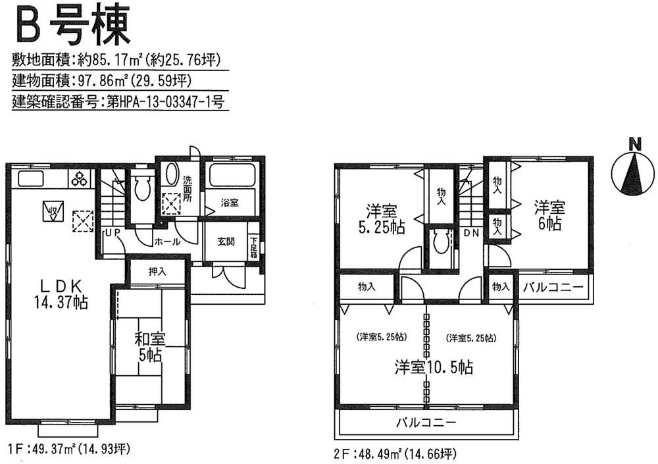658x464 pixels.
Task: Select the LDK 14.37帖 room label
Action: click(x=61, y=294)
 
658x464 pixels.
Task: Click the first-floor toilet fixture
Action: click(x=141, y=189)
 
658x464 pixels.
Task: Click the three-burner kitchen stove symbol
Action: click(x=81, y=178)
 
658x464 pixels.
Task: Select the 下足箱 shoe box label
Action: click(x=253, y=248)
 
